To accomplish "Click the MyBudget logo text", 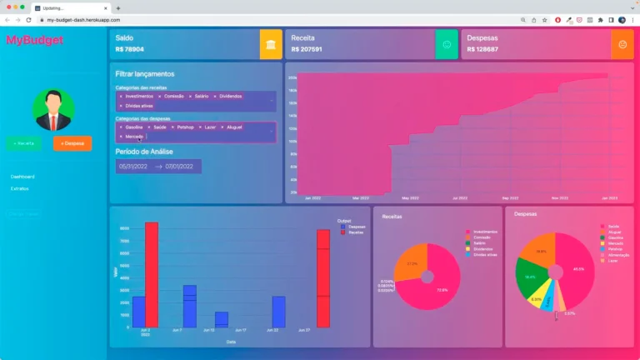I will [27, 40].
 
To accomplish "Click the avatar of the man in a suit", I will [53, 110].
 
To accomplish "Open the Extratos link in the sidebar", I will [20, 188].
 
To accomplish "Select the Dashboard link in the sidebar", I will [22, 177].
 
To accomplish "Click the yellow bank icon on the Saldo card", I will [271, 44].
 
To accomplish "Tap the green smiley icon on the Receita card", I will [447, 44].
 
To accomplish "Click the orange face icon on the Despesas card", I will [622, 44].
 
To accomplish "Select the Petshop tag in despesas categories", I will [186, 127].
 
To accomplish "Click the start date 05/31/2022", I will [133, 167].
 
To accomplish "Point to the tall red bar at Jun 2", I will [151, 275].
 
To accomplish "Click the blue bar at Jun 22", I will [278, 312].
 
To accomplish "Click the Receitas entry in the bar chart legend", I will [355, 232].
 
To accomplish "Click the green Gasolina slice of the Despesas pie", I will [530, 279].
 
